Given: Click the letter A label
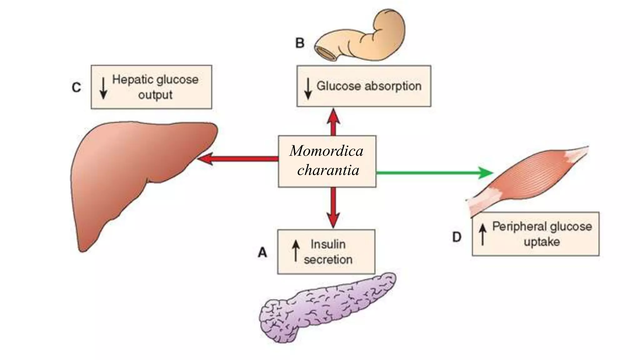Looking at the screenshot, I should pyautogui.click(x=262, y=252).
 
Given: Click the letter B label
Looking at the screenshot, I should pyautogui.click(x=300, y=43).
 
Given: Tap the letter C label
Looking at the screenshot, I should pyautogui.click(x=76, y=87).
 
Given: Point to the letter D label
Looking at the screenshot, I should pyautogui.click(x=457, y=237).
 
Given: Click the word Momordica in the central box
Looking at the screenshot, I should pyautogui.click(x=327, y=151).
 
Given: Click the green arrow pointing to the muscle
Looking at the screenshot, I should pyautogui.click(x=434, y=172).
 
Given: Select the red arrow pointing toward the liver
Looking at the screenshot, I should pyautogui.click(x=237, y=159).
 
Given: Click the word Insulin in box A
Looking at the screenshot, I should pyautogui.click(x=328, y=244).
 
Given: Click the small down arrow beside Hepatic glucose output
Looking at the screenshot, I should pyautogui.click(x=103, y=87).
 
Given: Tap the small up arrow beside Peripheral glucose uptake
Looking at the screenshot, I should pyautogui.click(x=483, y=234).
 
